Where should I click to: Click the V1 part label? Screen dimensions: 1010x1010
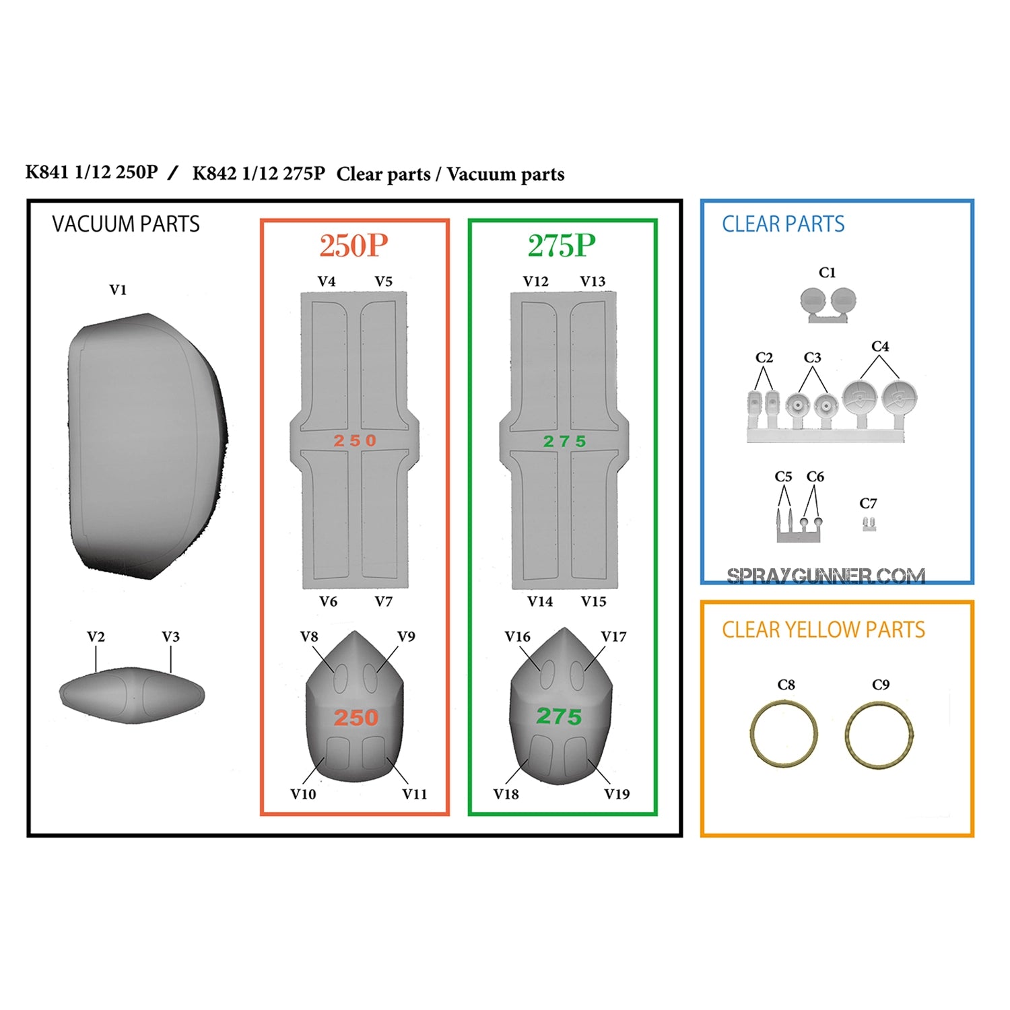click(118, 290)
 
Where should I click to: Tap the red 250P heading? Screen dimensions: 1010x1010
click(354, 246)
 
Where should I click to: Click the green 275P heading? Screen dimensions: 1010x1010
click(562, 246)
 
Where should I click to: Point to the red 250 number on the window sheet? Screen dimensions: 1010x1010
click(355, 441)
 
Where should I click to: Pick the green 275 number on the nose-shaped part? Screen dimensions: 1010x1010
click(559, 716)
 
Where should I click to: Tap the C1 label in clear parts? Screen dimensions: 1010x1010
click(828, 273)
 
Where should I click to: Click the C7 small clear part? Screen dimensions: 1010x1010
click(869, 524)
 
